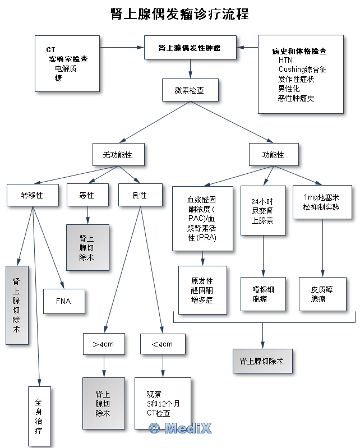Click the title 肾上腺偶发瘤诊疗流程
(x=180, y=14)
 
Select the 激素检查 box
(x=189, y=90)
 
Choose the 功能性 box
(x=273, y=155)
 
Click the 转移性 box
(x=32, y=195)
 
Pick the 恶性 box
(x=87, y=195)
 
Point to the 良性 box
(x=139, y=195)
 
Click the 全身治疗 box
(x=39, y=416)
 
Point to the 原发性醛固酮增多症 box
(x=202, y=290)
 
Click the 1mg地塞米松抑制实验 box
(x=321, y=202)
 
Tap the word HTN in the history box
(x=285, y=60)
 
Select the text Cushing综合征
(x=302, y=70)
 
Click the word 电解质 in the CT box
(x=66, y=68)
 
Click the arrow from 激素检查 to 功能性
(x=231, y=122)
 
